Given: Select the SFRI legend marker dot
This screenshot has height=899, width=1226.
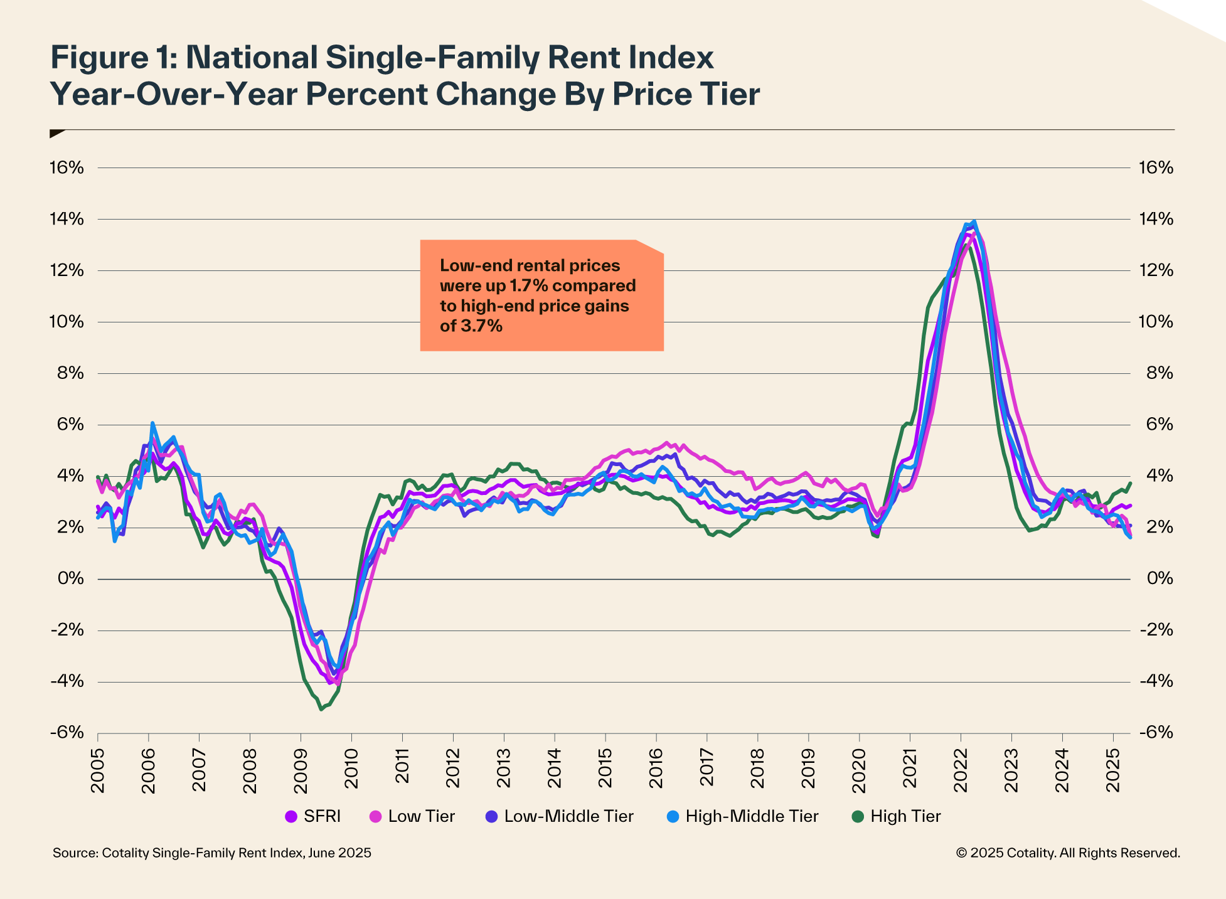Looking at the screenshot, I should point(291,816).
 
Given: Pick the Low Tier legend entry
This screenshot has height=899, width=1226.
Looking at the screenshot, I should point(413,816).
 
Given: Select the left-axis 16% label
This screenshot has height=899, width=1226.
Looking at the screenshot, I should point(67,168).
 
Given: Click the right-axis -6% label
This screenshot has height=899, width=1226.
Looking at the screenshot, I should point(1155,733).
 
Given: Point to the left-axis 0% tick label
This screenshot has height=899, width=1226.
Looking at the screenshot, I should point(70,578).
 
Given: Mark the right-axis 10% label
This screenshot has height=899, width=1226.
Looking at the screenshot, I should point(1155,322).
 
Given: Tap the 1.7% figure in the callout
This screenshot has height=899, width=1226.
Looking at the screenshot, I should point(528,285).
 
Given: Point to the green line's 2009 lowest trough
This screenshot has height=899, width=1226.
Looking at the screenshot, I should point(321,709).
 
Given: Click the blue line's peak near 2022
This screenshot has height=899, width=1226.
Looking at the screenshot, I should point(974,221).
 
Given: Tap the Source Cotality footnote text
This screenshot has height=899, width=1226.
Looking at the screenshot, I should point(211,853).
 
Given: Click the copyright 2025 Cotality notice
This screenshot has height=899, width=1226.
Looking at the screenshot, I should point(1067,853).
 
